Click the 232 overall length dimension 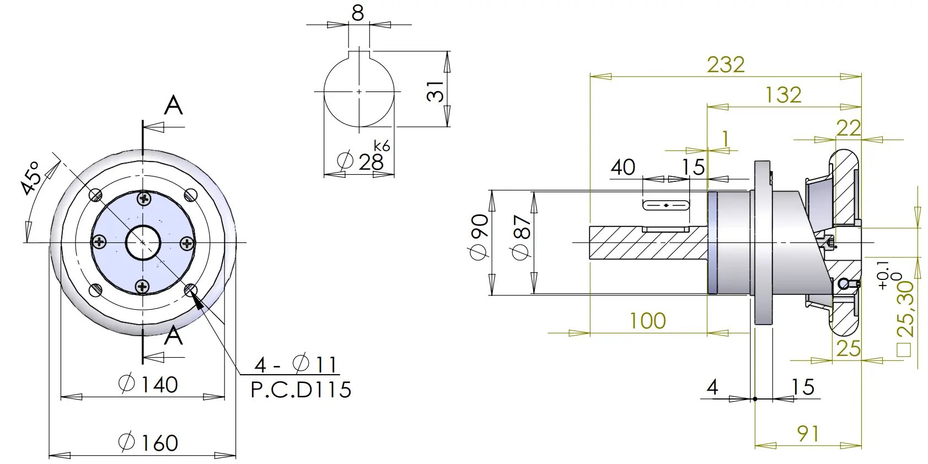[726, 64]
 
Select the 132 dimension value [783, 95]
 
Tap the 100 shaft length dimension [647, 321]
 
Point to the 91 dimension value [808, 434]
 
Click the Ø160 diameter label [148, 443]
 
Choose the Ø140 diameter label [148, 384]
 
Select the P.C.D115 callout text [301, 390]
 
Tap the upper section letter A [173, 105]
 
